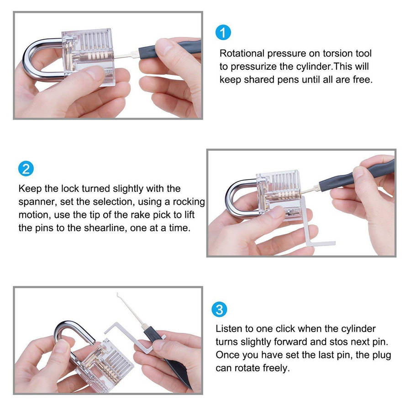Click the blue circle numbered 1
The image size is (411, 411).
223,32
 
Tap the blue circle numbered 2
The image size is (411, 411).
26,169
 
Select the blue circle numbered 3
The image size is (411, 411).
219,310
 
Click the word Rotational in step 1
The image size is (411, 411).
242,53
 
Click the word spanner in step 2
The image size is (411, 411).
37,202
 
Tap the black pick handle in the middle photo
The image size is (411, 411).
357,174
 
